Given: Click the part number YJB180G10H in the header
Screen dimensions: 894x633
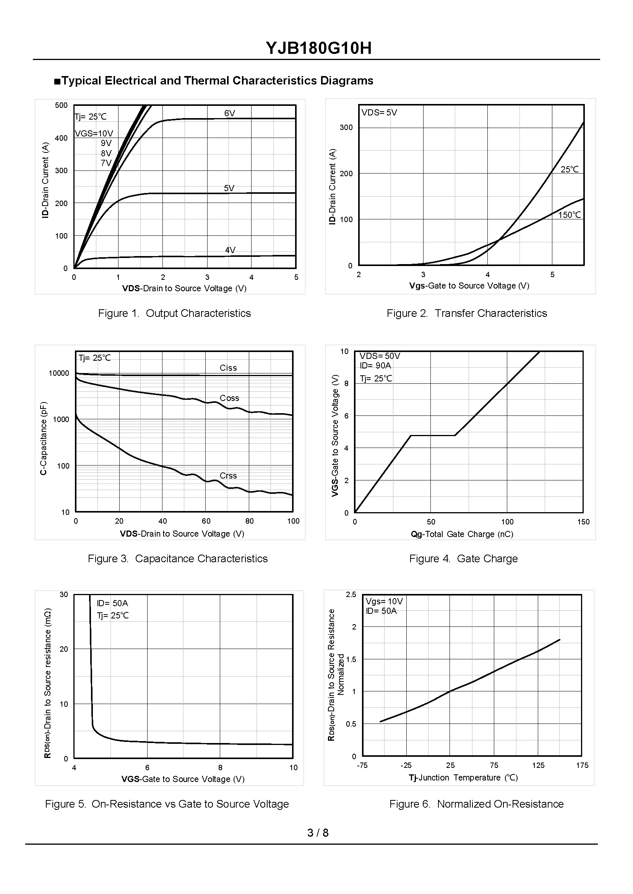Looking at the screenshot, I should point(318,48).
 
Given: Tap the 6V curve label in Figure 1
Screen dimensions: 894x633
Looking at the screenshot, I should point(230,114).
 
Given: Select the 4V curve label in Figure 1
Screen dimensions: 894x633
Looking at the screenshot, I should point(230,250).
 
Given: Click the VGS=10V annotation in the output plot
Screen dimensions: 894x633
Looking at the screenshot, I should point(94,134).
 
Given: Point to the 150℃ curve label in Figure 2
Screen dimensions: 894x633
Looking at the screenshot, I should point(569,215).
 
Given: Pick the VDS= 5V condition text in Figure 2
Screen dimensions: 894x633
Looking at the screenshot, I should point(379,113).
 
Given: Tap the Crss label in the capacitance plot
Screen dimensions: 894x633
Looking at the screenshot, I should point(228,475).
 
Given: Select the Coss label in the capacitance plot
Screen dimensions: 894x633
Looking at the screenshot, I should point(229,398).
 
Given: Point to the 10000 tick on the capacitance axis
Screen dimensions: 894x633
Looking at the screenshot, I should point(58,373).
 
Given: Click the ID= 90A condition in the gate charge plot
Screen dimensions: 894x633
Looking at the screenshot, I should point(375,365).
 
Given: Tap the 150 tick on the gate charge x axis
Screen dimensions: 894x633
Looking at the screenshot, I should point(583,522).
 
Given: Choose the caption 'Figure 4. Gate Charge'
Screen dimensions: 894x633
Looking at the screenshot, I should point(463,558).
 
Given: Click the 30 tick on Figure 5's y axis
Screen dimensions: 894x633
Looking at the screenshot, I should point(63,594).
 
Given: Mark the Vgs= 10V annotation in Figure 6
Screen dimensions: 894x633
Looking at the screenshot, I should point(384,601).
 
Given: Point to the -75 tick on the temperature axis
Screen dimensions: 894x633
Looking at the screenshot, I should point(362,765).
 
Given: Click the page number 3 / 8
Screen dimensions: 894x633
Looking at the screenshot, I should point(318,833).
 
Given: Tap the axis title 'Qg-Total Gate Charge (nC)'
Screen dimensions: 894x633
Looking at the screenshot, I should point(462,534).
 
